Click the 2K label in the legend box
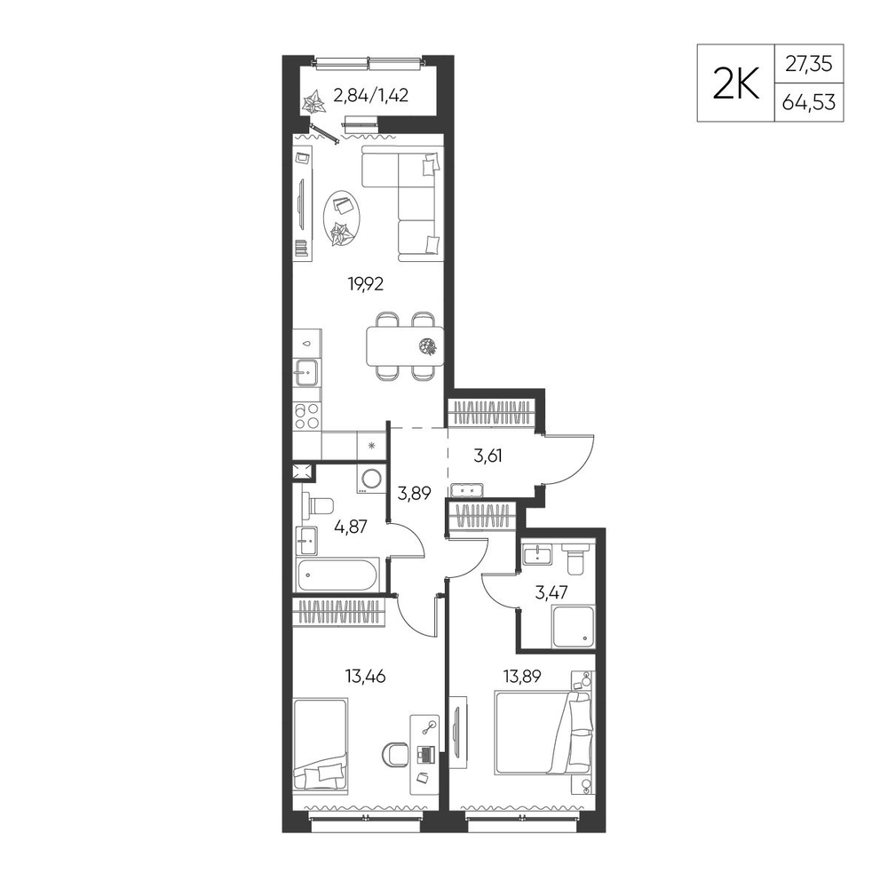pos(735,83)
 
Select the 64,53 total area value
pos(809,102)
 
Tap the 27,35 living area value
pos(809,64)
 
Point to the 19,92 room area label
pos(365,284)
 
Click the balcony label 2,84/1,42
pos(371,95)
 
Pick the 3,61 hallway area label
pos(488,456)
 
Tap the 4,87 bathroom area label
pos(351,527)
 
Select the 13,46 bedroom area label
pos(365,676)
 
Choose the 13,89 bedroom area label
pos(521,676)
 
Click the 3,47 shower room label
pos(551,592)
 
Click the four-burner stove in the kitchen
pos(307,416)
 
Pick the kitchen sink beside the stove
pos(306,373)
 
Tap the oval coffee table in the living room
pos(342,218)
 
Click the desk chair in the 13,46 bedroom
pos(396,754)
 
